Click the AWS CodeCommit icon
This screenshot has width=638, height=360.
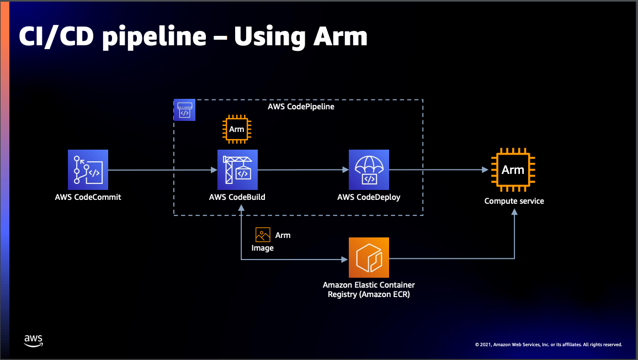point(88,170)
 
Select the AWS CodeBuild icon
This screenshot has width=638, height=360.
point(237,170)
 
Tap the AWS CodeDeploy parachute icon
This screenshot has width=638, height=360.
point(369,170)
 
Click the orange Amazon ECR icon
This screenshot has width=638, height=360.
point(369,258)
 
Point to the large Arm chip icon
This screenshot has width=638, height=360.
point(513,170)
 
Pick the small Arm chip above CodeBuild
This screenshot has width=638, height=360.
point(237,130)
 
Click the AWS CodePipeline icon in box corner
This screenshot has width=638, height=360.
point(184,110)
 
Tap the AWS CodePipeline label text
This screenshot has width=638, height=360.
point(301,107)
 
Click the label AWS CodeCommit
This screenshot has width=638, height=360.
point(88,197)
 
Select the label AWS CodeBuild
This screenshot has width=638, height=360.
point(237,197)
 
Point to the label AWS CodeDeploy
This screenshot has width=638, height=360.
point(369,197)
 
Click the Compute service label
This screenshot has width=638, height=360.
point(514,201)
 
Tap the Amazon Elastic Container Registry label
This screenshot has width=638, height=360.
point(369,289)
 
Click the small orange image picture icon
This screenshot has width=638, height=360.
point(263,235)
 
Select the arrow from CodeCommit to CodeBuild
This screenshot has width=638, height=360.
point(163,170)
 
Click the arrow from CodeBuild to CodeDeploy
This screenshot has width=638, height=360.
point(302,170)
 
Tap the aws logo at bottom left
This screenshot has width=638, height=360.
point(34,340)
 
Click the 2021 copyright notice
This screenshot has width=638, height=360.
point(548,345)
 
